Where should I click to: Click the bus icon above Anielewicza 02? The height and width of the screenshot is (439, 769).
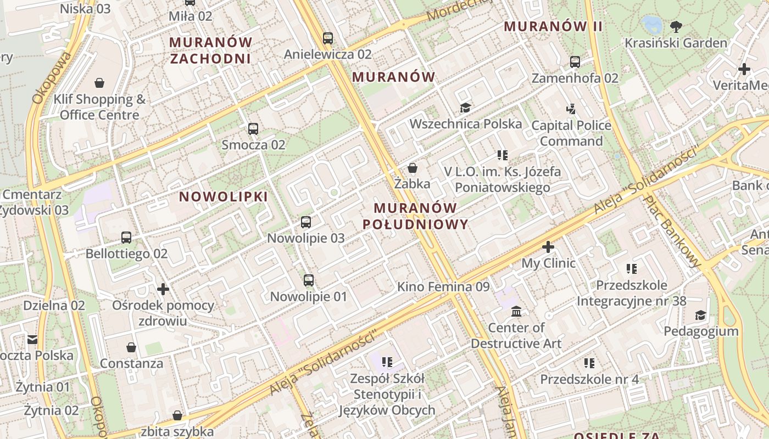tap(328, 38)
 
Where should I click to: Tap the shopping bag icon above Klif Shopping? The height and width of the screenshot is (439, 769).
tap(99, 83)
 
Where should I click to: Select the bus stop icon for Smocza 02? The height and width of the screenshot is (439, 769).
tap(253, 129)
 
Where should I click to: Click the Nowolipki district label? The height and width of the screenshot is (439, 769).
tap(224, 196)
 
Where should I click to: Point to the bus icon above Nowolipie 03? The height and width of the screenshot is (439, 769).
tap(306, 222)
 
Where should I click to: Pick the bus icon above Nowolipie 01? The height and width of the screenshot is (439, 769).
tap(309, 280)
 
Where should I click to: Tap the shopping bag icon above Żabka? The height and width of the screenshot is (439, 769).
tap(412, 168)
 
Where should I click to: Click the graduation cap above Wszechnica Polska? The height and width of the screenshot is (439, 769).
tap(465, 108)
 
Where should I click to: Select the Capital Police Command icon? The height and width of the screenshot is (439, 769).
tap(571, 109)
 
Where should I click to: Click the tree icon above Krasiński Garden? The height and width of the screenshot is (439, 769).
tap(676, 26)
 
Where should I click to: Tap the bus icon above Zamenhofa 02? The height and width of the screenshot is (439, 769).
tap(575, 62)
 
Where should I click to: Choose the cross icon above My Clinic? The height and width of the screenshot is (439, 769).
tap(548, 247)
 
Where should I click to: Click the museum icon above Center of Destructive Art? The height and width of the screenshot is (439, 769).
tap(516, 312)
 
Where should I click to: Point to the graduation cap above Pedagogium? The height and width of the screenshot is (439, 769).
tap(701, 315)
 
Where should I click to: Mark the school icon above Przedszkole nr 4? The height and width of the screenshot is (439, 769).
tap(589, 363)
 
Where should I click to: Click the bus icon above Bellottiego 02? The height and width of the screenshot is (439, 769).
tap(126, 238)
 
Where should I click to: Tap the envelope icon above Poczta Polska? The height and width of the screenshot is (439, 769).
tap(32, 339)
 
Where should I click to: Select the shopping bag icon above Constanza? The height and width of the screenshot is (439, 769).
tap(131, 347)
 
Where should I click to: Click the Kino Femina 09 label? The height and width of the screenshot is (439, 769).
tap(443, 286)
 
